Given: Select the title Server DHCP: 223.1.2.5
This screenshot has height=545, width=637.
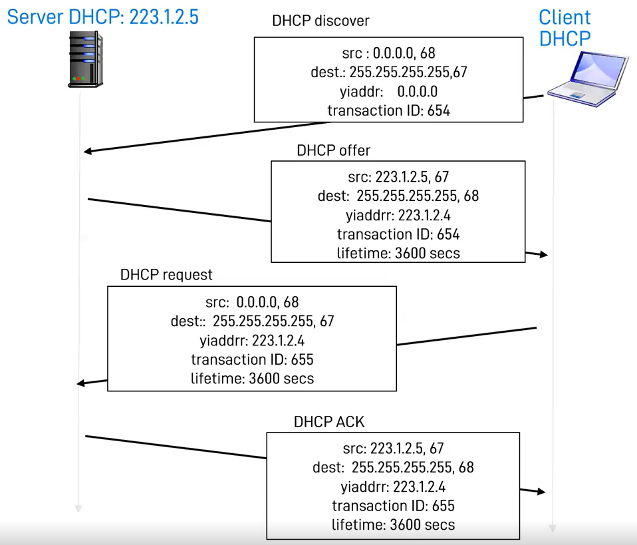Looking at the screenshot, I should tap(103, 17).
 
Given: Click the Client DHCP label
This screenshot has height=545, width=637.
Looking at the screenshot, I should tap(565, 28).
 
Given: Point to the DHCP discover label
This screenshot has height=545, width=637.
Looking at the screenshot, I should tap(320, 21).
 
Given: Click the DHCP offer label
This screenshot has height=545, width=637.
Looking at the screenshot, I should tap(333, 150).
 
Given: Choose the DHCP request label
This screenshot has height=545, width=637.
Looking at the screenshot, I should tap(166, 275).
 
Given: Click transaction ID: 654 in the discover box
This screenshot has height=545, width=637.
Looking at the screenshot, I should tap(388, 110).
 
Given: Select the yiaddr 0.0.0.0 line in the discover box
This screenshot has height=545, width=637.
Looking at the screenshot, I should tap(388, 91).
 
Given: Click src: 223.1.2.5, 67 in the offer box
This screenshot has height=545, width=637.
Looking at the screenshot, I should tap(398, 177).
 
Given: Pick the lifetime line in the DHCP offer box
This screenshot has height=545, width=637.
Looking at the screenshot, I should tap(398, 253).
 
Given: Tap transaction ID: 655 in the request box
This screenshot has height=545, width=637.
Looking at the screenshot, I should tap(252, 359).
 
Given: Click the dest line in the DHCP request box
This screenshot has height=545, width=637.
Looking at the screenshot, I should tap(252, 321).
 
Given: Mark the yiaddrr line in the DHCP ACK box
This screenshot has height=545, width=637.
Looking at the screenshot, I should tap(393, 486).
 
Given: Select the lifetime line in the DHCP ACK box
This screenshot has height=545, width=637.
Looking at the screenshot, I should tap(393, 524).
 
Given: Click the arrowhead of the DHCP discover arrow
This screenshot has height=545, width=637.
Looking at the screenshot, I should tap(88, 151).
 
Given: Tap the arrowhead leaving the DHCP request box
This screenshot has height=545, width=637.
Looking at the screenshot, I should tap(81, 383).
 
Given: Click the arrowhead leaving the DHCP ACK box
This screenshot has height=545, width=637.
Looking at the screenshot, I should tap(541, 492).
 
